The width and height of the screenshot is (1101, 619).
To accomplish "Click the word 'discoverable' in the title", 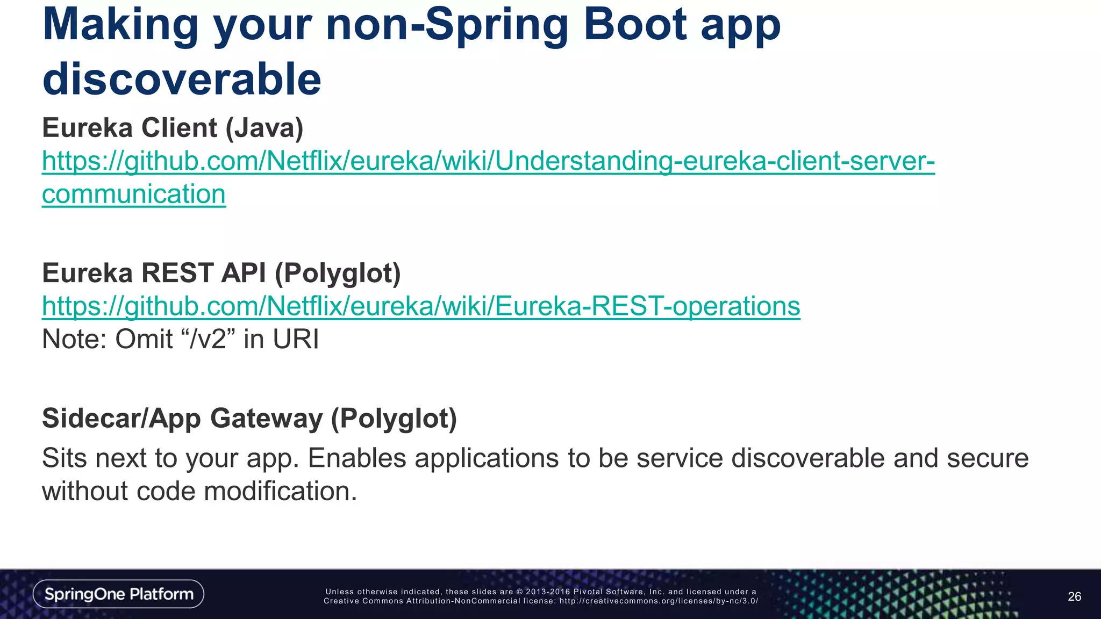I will coord(182,80).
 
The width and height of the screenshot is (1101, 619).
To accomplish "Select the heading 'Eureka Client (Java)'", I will coord(173,128).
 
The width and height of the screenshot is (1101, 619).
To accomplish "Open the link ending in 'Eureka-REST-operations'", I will coord(421,306).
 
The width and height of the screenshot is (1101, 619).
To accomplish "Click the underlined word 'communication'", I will coord(134,194).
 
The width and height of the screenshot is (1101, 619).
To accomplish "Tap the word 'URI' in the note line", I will coord(296,340).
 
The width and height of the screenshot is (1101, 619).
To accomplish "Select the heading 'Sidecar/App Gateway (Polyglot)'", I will coord(249,418).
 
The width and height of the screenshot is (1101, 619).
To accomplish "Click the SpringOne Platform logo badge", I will coord(118,594).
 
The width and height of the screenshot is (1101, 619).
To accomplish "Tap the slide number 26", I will coord(1074,596).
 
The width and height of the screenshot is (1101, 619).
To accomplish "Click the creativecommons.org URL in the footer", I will coord(659,601).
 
